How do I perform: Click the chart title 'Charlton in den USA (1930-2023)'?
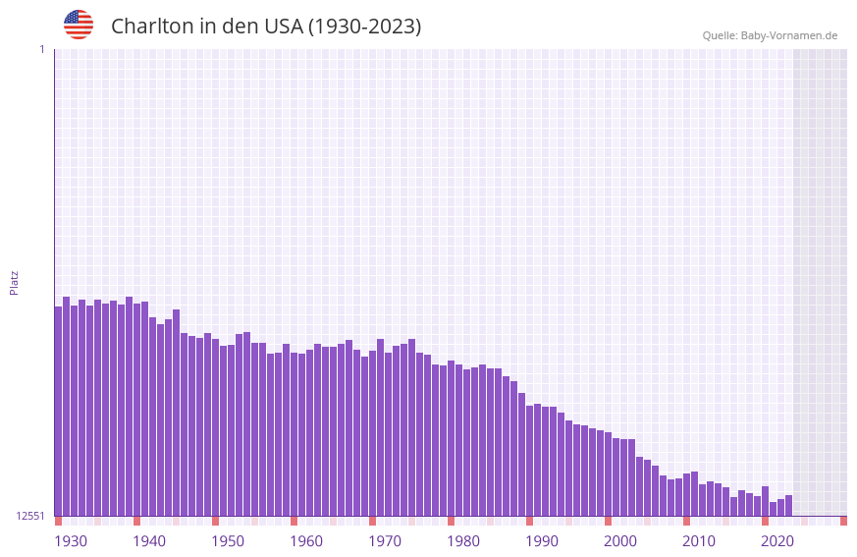coord(266,27)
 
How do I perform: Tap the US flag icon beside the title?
coord(79,25)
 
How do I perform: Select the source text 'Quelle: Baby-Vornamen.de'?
coord(770,35)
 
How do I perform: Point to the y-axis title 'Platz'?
coord(14,282)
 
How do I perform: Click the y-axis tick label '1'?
coord(41,49)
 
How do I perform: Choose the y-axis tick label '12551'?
coord(30,516)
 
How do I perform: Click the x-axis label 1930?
coord(71,541)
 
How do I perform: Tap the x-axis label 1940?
coord(149,541)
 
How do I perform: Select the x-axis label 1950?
coord(228,541)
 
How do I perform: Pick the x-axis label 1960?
coord(306,541)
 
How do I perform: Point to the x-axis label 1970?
coord(385,541)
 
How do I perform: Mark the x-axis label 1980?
coord(463,541)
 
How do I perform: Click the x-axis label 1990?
coord(542,541)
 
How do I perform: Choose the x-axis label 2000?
coord(620,541)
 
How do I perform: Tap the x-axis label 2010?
coord(699,541)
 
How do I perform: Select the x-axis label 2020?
coord(777,541)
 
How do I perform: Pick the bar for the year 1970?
coord(380,427)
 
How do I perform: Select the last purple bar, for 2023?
coord(788,505)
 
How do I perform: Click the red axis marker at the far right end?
coord(843,521)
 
